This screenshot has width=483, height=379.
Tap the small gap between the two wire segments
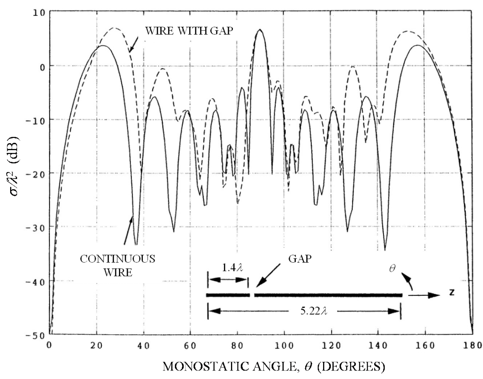[252, 295]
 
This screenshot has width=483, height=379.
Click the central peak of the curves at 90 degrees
[260, 30]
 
